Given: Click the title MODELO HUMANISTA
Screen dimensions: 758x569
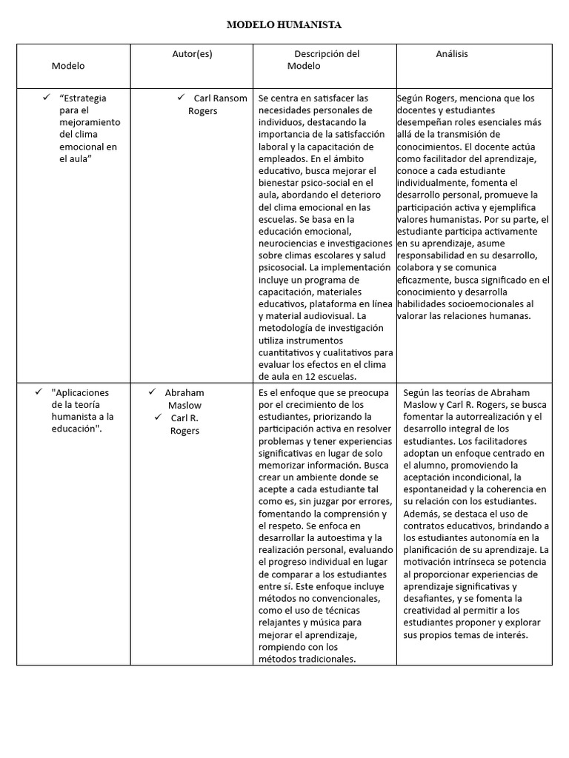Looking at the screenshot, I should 284,25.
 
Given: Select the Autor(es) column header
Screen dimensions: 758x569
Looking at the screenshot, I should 191,54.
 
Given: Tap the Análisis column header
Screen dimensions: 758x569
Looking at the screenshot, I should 451,54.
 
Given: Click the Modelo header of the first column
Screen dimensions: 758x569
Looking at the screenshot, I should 68,66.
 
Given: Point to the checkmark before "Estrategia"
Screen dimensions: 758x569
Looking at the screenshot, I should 46,97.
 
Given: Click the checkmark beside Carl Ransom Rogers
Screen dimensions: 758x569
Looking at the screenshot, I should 180,97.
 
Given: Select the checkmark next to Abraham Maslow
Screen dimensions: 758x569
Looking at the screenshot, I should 151,392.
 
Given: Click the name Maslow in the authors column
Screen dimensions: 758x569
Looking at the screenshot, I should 184,405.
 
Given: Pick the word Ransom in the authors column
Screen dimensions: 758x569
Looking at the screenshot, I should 232,98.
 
